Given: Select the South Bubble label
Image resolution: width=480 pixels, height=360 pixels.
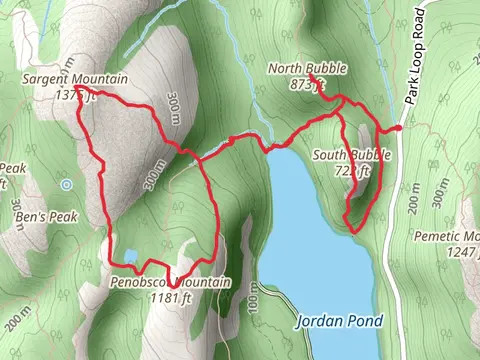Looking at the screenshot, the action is [x=351, y=156].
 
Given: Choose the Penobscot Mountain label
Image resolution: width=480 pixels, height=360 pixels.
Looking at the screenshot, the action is [x=170, y=283].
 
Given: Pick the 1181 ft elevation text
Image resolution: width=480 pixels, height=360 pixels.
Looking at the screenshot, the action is [x=169, y=297].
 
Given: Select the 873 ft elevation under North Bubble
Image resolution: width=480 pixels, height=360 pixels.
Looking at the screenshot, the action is [x=302, y=84].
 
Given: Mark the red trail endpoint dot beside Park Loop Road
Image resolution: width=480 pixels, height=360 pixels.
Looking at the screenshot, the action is [x=398, y=128].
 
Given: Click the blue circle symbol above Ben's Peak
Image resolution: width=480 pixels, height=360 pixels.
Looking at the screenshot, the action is [x=66, y=185].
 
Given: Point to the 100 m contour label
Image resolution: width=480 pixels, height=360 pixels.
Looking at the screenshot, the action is [x=254, y=296].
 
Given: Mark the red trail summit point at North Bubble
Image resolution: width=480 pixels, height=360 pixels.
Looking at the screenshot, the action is [x=311, y=76].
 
